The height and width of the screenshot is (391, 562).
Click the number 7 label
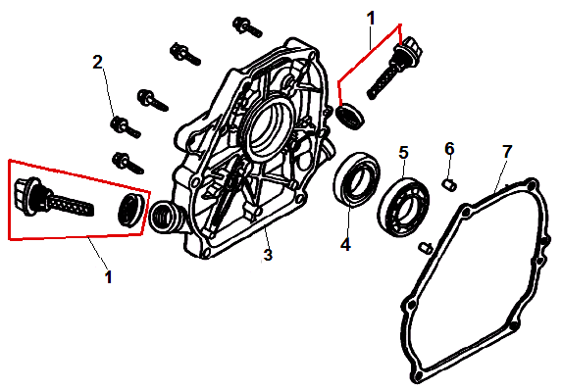(x=506, y=152)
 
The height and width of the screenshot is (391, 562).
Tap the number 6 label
(x=449, y=149)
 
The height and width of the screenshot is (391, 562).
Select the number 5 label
(x=403, y=153)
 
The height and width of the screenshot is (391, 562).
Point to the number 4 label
(x=345, y=245)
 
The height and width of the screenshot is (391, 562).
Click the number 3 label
(x=268, y=255)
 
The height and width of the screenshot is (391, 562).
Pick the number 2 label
(x=97, y=62)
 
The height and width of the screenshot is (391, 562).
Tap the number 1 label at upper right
(x=371, y=19)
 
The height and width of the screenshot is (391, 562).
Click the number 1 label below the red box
(x=108, y=277)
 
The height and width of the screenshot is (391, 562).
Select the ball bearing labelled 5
(x=403, y=207)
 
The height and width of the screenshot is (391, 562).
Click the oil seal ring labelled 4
(x=356, y=179)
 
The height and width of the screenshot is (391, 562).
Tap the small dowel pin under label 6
(x=449, y=185)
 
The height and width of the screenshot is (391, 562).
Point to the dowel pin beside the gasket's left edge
(x=426, y=248)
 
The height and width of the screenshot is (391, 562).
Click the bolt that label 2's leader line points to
(x=126, y=127)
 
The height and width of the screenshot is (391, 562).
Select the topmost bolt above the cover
(x=246, y=26)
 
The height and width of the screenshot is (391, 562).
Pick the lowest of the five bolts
(x=128, y=163)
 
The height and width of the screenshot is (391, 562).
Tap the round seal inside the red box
(x=131, y=211)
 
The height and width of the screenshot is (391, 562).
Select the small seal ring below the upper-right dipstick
(x=350, y=116)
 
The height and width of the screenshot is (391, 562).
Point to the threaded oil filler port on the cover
(x=166, y=218)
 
